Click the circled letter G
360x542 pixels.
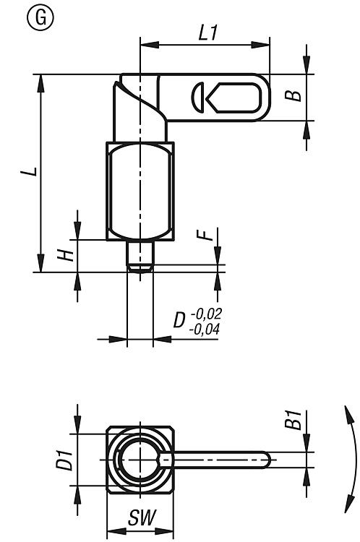pos(40,18)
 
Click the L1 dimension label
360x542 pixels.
pos(208,33)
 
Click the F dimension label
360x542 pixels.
pos(205,236)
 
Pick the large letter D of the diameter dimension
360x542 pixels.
pos(179,320)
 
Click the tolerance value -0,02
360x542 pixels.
pos(206,314)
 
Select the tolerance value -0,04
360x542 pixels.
pos(204,330)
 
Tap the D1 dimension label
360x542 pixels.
pos(65,460)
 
